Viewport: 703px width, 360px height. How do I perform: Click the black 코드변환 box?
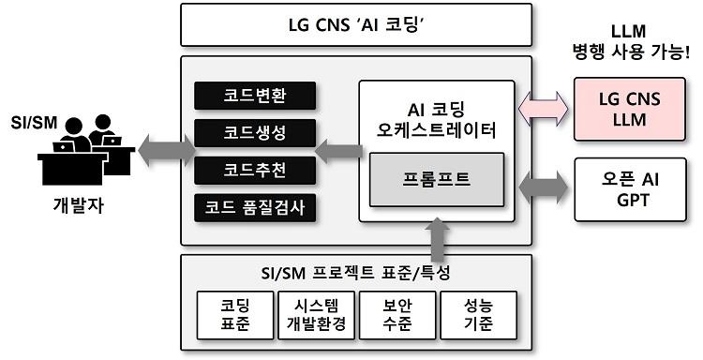click(x=255, y=97)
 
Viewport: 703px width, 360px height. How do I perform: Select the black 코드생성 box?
click(x=255, y=133)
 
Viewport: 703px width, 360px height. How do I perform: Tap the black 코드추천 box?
click(x=255, y=170)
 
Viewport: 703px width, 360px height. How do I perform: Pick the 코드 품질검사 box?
click(x=255, y=206)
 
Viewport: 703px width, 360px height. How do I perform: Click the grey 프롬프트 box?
click(x=437, y=178)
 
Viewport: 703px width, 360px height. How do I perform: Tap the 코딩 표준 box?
click(x=234, y=314)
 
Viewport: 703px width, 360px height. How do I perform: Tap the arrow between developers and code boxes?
click(x=166, y=146)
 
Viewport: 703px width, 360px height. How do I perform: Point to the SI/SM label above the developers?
click(x=29, y=124)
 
